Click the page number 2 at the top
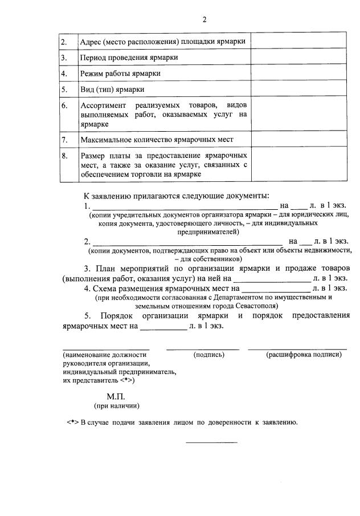[x=204, y=20]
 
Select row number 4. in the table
[x=65, y=74]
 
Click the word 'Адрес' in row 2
[x=91, y=42]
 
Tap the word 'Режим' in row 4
[x=92, y=74]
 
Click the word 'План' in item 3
[x=105, y=268]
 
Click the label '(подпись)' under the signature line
[x=209, y=355]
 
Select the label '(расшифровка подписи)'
[x=304, y=355]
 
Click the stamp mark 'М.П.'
[x=115, y=396]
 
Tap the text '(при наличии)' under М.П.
[x=116, y=406]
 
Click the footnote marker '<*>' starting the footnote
[x=72, y=422]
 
